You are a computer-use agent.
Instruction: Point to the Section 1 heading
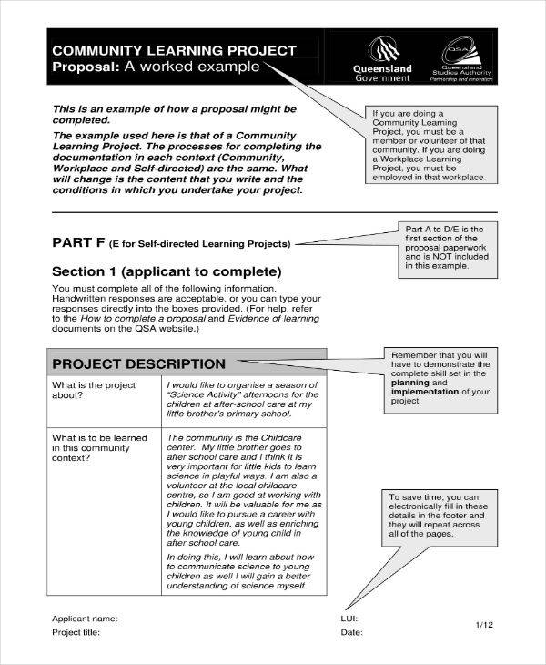[x=167, y=271]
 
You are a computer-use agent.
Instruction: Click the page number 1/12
[x=486, y=625]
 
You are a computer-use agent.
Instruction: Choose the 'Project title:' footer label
[x=76, y=632]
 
